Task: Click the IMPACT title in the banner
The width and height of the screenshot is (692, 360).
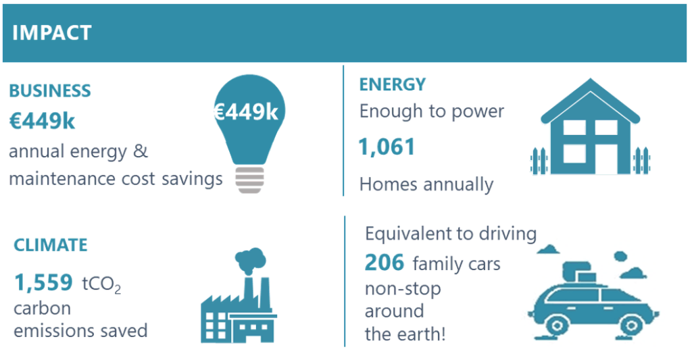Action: tap(51, 33)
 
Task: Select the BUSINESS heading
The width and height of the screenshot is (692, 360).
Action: tap(50, 91)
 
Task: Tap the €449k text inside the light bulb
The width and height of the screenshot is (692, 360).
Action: tap(246, 112)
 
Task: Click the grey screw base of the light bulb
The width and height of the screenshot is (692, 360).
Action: tap(249, 180)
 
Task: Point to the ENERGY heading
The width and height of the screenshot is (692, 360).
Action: tap(393, 84)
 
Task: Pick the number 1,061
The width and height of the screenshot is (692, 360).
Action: tap(387, 147)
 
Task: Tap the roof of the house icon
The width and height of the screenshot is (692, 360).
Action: tap(590, 100)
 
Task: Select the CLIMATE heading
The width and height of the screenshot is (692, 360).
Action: tap(51, 245)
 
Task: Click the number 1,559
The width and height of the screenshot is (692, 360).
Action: tap(43, 282)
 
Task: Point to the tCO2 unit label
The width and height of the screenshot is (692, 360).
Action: tap(101, 284)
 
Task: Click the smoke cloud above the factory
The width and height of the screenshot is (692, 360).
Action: tap(251, 260)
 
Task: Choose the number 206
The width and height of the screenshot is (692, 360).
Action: tap(384, 263)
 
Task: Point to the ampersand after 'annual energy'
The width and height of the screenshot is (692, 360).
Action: tap(141, 151)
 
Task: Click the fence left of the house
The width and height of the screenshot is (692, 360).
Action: tap(539, 161)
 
